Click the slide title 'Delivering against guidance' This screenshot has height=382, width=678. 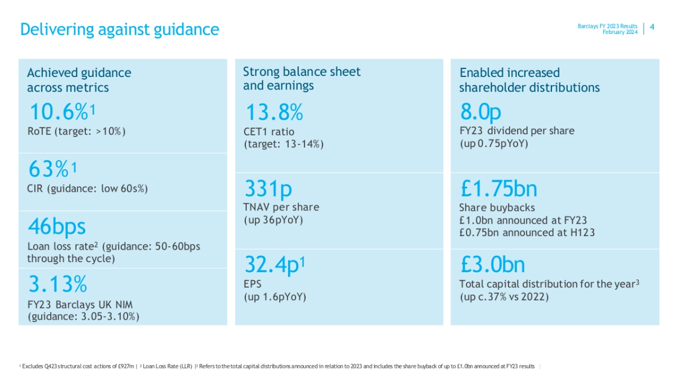pos(119,29)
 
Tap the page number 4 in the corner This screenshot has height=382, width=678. pos(653,27)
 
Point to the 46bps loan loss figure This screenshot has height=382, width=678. pos(56,226)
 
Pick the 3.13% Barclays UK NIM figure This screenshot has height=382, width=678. pos(56,283)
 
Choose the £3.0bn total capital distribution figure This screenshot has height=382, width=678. pos(492,264)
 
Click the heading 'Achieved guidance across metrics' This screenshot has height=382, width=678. pos(79,80)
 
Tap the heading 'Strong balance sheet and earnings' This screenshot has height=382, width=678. pos(302,79)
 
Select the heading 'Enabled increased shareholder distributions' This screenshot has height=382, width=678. pos(529,80)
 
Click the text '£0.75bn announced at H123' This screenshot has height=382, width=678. pos(527,232)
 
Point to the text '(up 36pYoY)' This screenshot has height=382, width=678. pos(273,220)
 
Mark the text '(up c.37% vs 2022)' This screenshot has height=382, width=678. pos(504,296)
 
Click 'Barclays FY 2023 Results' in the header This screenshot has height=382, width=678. pos(607,26)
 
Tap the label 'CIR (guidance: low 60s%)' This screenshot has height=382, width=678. pos(88,188)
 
